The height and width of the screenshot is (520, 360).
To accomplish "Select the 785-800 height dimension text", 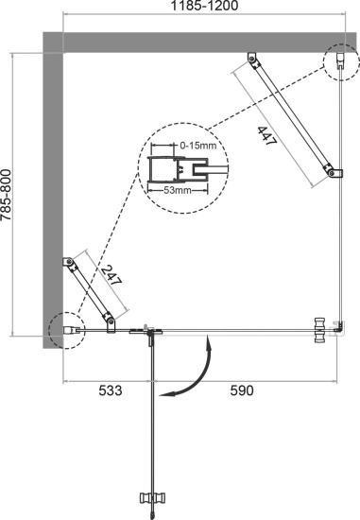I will click(x=9, y=196).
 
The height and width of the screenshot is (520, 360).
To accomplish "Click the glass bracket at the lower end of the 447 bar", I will click(x=331, y=172).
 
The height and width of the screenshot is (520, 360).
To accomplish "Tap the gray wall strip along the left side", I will click(x=51, y=189).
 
